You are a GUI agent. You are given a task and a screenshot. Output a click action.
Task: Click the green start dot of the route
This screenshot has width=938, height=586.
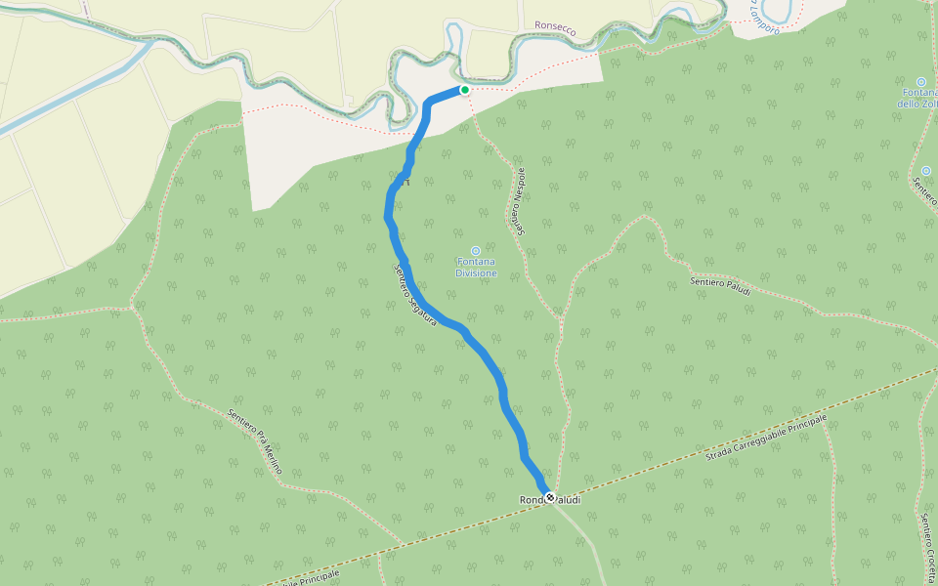(x=465, y=90)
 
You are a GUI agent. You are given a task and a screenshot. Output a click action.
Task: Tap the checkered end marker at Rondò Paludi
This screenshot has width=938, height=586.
(x=550, y=498)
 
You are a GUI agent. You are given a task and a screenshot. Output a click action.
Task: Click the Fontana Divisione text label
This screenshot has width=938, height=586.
(x=476, y=267)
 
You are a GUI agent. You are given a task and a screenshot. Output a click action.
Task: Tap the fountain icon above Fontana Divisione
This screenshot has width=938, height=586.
(x=476, y=250)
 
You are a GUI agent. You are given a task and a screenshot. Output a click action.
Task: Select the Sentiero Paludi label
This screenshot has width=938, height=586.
(x=720, y=285)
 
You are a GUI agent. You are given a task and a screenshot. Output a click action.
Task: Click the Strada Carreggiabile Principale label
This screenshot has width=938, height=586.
(x=766, y=438)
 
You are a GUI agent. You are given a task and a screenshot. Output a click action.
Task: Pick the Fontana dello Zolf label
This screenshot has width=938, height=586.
(x=918, y=98)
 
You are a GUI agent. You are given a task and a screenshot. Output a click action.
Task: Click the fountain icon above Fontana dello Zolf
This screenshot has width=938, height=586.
(x=921, y=81)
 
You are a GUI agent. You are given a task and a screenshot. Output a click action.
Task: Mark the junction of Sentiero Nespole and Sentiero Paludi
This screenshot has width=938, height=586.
(x=562, y=315)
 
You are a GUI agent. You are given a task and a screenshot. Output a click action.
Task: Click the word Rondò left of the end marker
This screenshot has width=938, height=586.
(x=532, y=500)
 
